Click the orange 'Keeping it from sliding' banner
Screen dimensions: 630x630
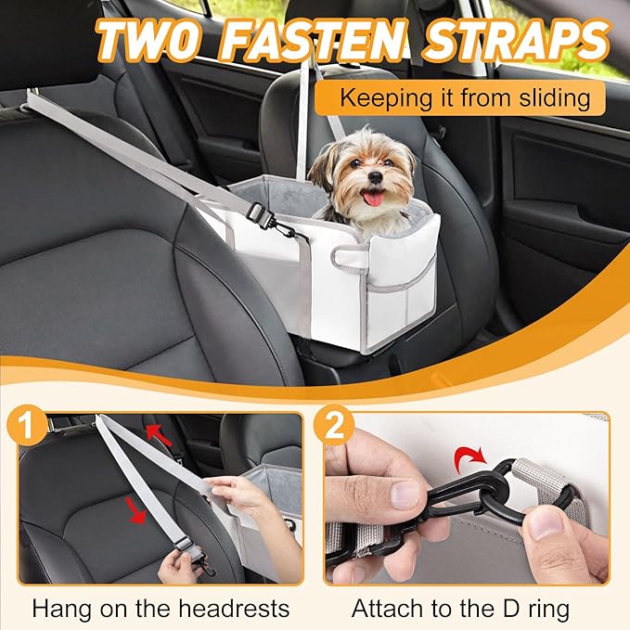tap(458, 97)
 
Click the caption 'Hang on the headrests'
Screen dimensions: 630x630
tap(161, 609)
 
